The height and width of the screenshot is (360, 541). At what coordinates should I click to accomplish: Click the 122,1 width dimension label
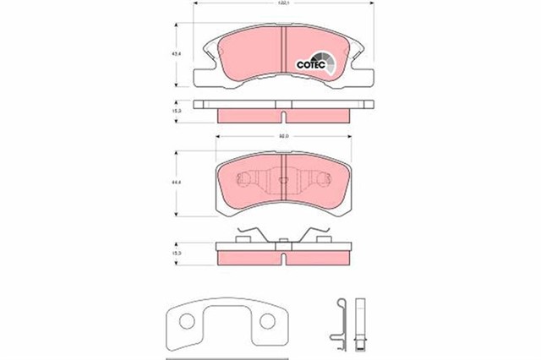[x=281, y=7]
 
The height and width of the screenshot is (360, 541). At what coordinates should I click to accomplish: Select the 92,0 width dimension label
[x=283, y=137]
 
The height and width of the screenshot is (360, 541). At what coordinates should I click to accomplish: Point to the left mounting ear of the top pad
[x=203, y=79]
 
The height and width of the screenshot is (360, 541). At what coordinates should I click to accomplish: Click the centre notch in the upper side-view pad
[x=282, y=106]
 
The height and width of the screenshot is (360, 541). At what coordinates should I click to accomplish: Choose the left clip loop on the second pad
[x=246, y=179]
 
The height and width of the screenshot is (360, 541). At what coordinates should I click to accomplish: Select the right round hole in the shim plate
[x=270, y=322]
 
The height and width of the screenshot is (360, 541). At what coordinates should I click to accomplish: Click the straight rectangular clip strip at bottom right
[x=360, y=321]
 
